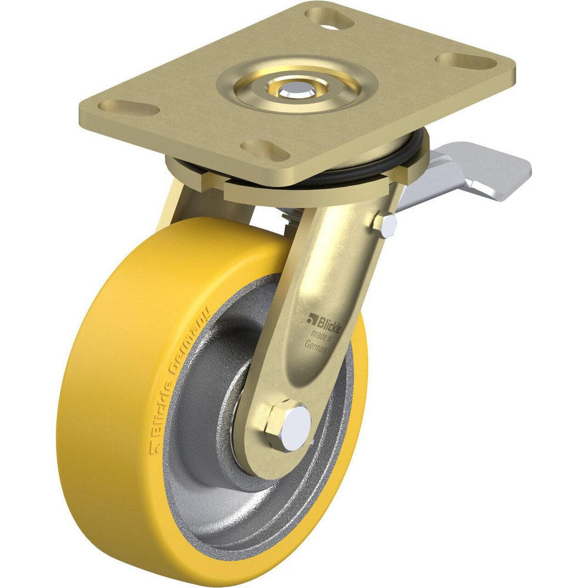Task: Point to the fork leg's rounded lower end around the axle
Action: (265, 447)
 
